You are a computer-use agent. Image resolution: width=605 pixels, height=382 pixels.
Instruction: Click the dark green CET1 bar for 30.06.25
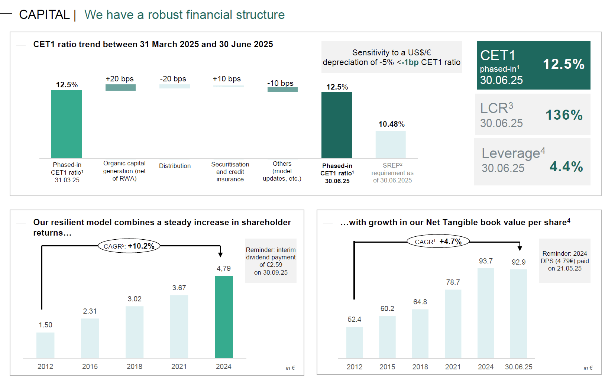[336, 125]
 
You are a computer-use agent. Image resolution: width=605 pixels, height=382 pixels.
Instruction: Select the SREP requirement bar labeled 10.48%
[391, 145]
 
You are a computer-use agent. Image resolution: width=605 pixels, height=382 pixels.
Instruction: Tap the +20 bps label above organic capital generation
[120, 79]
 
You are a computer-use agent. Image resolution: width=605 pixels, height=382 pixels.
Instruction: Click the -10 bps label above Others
[281, 83]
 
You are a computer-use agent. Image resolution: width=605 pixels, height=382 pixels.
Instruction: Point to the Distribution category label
[175, 166]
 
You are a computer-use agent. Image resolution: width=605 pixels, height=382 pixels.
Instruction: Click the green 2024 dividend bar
[224, 317]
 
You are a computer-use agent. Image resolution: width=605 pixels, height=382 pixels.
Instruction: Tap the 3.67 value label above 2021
[179, 288]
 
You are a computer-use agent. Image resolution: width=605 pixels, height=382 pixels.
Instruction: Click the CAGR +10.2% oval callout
[129, 246]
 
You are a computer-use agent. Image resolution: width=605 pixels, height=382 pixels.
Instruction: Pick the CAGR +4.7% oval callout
[438, 242]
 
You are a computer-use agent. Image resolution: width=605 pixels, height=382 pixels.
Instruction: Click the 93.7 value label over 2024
[486, 261]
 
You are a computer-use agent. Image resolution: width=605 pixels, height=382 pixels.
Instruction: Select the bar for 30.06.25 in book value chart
[518, 314]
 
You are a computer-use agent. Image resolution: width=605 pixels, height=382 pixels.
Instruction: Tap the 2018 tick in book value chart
[420, 367]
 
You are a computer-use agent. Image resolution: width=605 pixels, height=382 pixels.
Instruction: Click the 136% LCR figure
[564, 115]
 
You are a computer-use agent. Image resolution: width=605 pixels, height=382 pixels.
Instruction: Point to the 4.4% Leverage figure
[566, 166]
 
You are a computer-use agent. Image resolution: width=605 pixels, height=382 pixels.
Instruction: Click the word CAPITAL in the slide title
[44, 15]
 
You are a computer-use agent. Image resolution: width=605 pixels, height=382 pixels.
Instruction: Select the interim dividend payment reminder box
[271, 261]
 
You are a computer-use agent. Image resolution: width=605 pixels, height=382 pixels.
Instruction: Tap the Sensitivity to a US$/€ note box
[391, 57]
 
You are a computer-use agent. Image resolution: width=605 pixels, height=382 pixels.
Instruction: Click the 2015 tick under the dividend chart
[90, 366]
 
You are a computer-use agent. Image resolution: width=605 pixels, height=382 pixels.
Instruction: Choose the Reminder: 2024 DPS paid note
[564, 261]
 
